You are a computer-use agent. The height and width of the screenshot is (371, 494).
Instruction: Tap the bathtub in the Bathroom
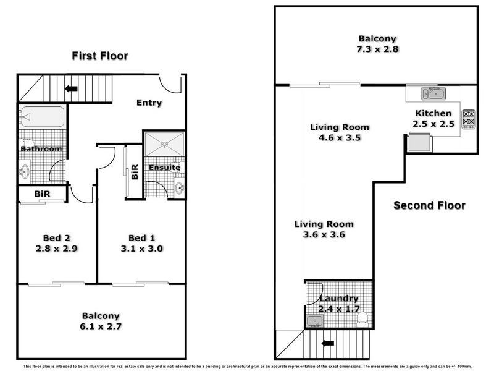click(x=41, y=117)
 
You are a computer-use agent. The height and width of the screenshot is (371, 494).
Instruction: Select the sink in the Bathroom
click(x=25, y=171)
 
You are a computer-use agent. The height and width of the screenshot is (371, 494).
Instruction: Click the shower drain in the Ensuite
click(x=164, y=145)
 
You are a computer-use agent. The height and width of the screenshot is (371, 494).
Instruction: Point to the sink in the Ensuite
click(x=179, y=187)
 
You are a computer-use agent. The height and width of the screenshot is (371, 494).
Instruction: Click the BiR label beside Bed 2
click(x=41, y=194)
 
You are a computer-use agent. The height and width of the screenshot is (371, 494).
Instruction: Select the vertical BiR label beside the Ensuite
click(x=135, y=173)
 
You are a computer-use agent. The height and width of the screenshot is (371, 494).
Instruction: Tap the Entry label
click(x=149, y=103)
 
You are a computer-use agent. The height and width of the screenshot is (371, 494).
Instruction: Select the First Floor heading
click(x=99, y=56)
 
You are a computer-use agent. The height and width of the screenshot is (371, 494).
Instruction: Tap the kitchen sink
click(x=433, y=94)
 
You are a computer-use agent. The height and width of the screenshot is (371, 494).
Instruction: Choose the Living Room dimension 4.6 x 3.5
click(x=339, y=138)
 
